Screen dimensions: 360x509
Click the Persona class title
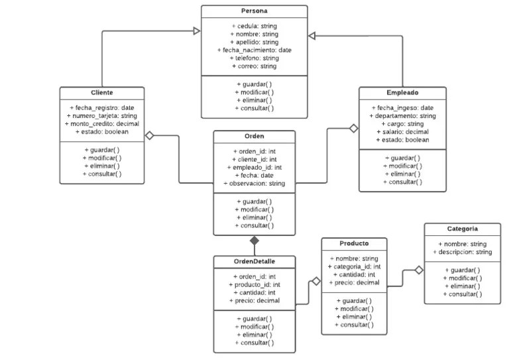[254, 11]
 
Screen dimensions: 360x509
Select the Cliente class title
[101, 93]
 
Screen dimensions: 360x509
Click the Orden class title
[254, 137]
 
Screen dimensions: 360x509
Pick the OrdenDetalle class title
[254, 261]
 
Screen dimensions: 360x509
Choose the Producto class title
[354, 243]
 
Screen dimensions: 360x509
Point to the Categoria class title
[462, 229]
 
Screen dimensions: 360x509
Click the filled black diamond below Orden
[254, 241]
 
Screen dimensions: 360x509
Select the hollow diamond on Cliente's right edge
[150, 135]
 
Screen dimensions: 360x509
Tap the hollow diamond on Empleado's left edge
[353, 128]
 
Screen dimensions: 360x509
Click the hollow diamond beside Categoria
[418, 270]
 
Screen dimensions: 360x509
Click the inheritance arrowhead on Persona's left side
[196, 30]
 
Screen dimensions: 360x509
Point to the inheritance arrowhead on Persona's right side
[313, 34]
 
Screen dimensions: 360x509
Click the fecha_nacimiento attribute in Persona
[254, 50]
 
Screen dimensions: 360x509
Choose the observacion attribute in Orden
[254, 183]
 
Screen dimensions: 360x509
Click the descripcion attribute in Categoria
[462, 252]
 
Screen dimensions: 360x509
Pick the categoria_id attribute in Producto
[355, 267]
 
